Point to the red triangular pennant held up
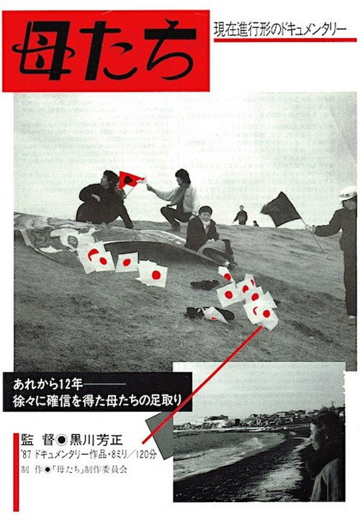[x=130, y=179]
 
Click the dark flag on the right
[x=280, y=209]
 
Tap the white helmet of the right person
[x=348, y=193]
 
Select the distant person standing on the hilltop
[x=241, y=214]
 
